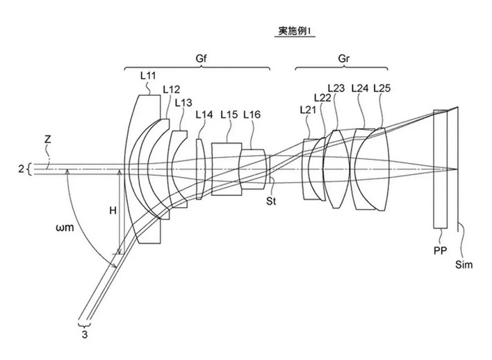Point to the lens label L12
171,89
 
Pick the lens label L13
184,101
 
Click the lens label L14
205,115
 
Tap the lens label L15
229,115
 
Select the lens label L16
252,115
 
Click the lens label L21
309,109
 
